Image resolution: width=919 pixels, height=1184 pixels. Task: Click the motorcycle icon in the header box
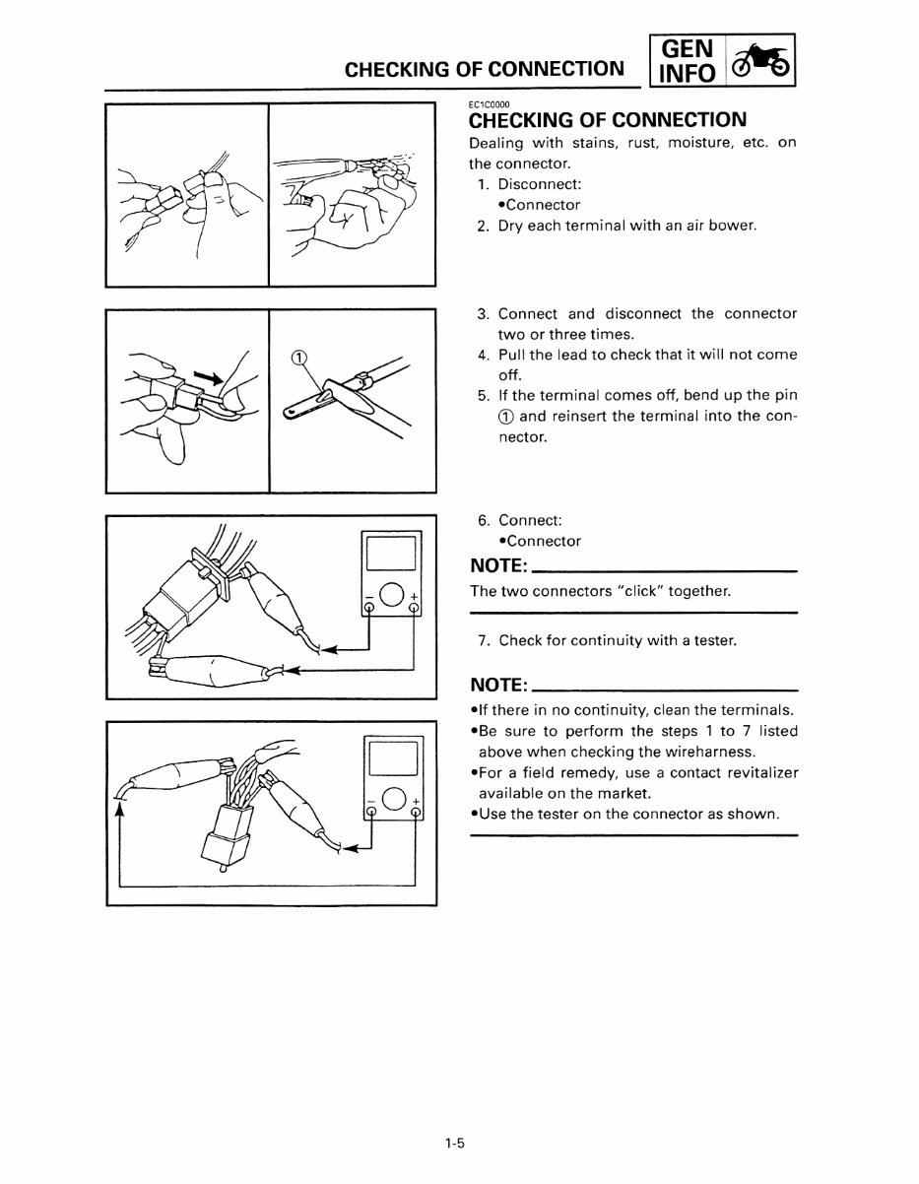[x=760, y=61]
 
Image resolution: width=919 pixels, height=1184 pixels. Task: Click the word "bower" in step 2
[x=732, y=226]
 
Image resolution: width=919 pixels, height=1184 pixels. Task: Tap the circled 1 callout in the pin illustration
[x=299, y=357]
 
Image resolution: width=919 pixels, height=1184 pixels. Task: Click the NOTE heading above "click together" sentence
[x=499, y=566]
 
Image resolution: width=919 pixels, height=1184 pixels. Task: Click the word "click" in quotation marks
[x=641, y=591]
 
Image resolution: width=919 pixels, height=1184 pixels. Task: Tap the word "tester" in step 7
[x=713, y=640]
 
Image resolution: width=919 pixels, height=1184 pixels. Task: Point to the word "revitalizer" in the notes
[x=758, y=773]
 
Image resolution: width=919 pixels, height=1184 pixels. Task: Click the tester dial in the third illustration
[x=392, y=594]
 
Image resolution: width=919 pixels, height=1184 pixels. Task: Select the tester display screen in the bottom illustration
[x=393, y=759]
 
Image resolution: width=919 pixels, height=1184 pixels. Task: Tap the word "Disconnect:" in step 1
[x=539, y=184]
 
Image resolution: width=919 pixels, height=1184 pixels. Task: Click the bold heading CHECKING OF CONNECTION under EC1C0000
[x=607, y=121]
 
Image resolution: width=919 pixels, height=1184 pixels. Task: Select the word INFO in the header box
[x=688, y=75]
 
